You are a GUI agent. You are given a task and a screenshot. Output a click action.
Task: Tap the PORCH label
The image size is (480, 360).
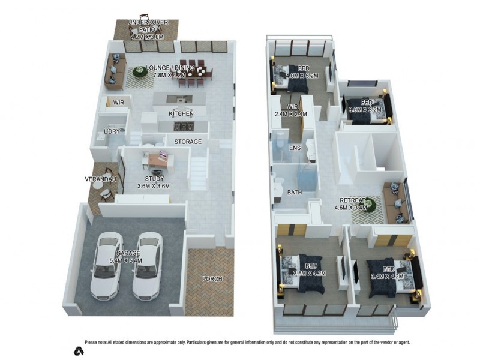click(x=212, y=279)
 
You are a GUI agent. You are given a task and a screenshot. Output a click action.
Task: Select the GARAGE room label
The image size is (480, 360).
click(x=124, y=254)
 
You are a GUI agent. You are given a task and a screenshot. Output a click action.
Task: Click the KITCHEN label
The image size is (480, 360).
click(x=181, y=113)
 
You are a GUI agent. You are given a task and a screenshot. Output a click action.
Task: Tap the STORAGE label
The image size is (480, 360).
click(x=187, y=142)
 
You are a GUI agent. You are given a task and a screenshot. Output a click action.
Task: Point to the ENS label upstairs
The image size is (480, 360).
click(x=294, y=147)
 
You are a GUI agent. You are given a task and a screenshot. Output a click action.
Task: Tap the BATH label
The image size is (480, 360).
click(x=294, y=193)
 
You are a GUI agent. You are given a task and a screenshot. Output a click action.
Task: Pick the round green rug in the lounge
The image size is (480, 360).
click(x=140, y=73)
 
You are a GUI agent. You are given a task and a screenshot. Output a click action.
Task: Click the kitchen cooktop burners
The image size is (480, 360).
click(x=184, y=127)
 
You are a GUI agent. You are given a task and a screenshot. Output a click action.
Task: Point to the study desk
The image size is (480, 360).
click(x=158, y=160)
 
